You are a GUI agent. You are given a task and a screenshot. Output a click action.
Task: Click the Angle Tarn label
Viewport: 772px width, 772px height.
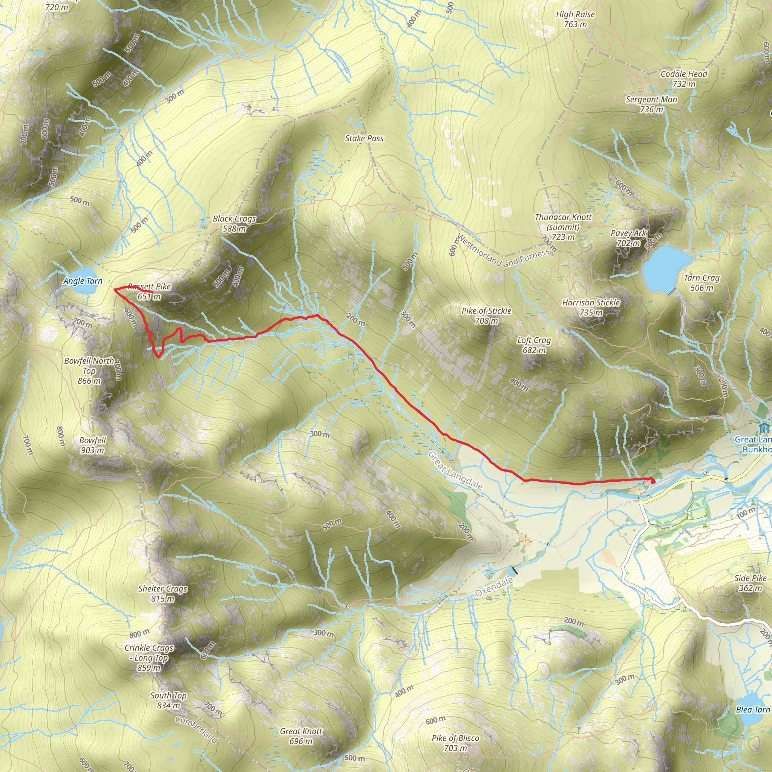pos(83,281)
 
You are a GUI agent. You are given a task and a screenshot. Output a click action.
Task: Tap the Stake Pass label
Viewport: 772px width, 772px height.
pos(364,138)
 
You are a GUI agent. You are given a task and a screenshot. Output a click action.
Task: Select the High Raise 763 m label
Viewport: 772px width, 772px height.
pos(575,19)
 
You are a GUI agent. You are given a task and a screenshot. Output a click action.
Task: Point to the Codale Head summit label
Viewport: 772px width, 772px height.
pos(684,79)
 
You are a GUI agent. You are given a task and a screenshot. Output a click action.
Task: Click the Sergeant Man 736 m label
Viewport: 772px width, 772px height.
pos(651,104)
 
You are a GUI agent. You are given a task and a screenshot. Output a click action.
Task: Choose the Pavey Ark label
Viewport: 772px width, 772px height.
pos(628,238)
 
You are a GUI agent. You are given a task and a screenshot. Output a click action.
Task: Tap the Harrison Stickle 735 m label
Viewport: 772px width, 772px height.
pos(591,307)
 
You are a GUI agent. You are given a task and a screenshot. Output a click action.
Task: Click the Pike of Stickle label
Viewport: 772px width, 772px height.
pos(486,315)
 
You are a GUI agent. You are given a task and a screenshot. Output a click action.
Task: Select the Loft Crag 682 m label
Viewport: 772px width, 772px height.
pos(534,345)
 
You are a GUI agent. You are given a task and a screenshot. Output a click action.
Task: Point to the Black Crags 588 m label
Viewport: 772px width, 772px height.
pos(234,224)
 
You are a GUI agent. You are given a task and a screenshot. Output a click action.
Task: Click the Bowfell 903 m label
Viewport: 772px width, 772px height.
pos(92,445)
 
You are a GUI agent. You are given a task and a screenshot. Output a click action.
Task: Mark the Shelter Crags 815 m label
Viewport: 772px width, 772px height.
pos(162,593)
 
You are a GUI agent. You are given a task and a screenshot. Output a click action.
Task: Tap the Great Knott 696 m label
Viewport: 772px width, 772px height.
pos(301,736)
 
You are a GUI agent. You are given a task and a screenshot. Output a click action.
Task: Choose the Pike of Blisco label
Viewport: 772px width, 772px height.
pos(455,743)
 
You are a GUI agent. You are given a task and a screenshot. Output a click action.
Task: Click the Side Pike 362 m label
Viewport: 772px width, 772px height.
pos(750,583)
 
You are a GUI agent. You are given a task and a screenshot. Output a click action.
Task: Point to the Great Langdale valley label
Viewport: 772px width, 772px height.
pos(455,471)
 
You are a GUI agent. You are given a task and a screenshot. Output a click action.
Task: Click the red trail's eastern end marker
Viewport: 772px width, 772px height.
pos(653,481)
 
